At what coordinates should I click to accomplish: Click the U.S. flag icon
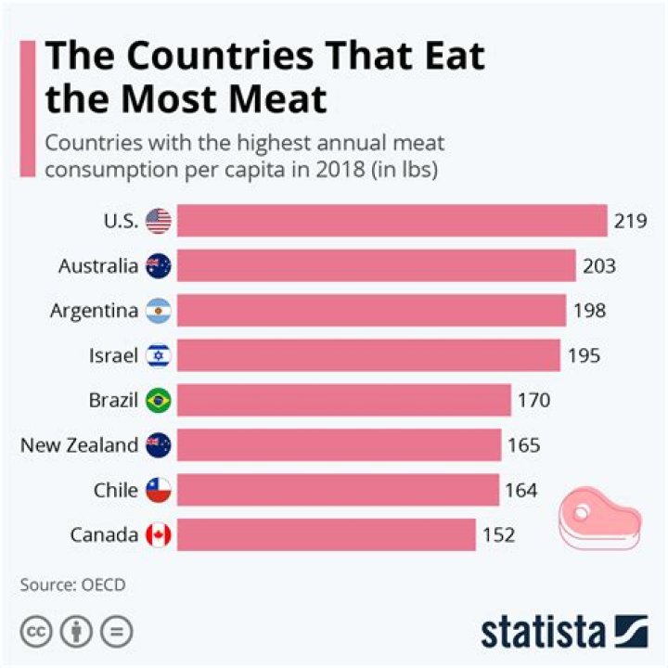pos(159,222)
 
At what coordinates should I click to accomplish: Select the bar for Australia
pos(376,266)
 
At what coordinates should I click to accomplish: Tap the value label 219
pos(629,222)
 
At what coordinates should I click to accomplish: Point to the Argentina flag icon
pos(159,311)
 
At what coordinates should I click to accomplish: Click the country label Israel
pos(115,355)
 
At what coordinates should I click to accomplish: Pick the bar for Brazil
pos(343,400)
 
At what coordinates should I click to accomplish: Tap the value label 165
pos(524,445)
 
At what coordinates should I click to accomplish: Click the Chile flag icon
pos(159,490)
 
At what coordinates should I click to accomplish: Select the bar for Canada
pos(326,534)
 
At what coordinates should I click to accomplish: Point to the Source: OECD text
pos(72,585)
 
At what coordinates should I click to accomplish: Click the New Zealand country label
pos(79,445)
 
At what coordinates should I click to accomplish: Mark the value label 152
pos(498,534)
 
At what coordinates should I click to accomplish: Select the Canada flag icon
pos(159,534)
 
